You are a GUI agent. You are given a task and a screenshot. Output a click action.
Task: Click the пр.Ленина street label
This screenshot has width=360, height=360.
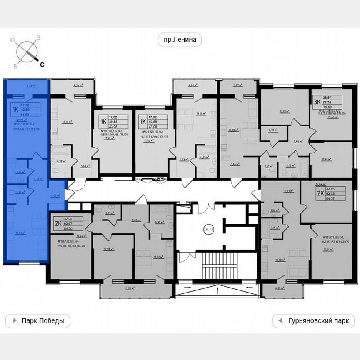[180, 40]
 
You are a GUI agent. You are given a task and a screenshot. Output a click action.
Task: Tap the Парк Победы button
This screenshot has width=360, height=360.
[37, 321]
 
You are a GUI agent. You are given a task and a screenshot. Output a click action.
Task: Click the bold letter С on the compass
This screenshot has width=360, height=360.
[42, 64]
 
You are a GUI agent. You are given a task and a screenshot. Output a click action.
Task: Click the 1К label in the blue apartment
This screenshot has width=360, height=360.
[15, 110]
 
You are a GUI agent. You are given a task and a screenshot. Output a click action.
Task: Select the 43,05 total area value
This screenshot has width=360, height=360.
[113, 125]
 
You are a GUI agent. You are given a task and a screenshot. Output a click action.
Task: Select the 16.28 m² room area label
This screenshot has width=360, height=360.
[233, 130]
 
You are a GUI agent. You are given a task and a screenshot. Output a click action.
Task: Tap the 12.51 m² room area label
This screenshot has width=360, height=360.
[285, 111]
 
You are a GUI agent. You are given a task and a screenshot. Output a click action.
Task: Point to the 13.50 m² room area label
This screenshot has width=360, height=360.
[280, 260]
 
